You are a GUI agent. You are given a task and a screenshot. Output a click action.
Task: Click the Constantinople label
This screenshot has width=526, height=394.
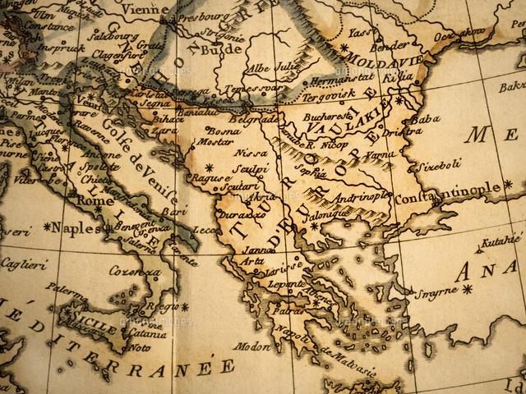[x=448, y=192]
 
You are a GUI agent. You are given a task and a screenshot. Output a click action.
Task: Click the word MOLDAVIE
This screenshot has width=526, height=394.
[x=382, y=60]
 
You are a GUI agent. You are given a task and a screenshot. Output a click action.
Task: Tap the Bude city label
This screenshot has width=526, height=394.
[x=227, y=48]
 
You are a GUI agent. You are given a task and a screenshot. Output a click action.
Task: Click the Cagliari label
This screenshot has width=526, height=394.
[x=23, y=264]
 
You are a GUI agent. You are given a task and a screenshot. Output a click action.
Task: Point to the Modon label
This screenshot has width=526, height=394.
[x=251, y=346]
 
